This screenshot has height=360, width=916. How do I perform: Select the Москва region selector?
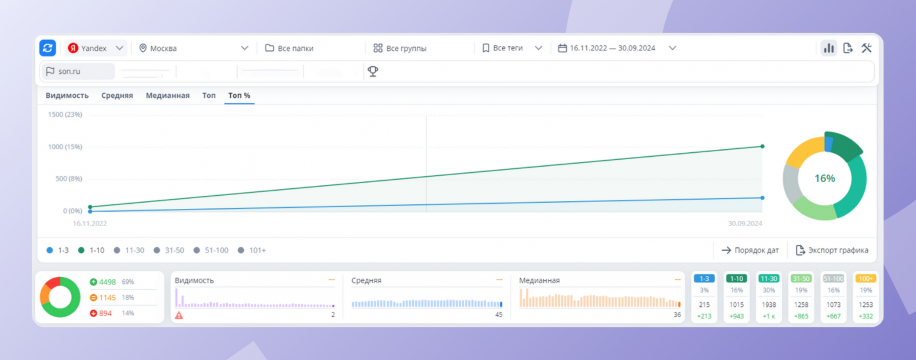point(194,48)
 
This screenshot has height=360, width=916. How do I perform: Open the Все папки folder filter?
point(290,48)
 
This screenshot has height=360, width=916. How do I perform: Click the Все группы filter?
point(400,48)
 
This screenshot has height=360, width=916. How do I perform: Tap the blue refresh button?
point(48,48)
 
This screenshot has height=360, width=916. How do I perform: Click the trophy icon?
point(373,72)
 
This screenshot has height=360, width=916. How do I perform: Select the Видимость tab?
point(67,96)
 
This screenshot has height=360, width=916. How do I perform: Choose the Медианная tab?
point(167,96)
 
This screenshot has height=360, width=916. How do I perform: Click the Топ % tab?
point(239,96)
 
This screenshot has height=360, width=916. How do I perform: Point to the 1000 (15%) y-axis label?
point(65,147)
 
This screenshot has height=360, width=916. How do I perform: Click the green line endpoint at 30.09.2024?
point(762,147)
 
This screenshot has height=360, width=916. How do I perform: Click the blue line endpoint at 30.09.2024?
point(762,198)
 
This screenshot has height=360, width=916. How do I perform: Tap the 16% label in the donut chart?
point(824,179)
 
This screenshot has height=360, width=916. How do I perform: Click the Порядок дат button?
point(750,250)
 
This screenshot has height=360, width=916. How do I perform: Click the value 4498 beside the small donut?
point(107,282)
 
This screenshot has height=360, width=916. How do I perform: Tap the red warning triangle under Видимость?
point(179,315)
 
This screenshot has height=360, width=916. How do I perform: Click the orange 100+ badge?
point(866,279)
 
